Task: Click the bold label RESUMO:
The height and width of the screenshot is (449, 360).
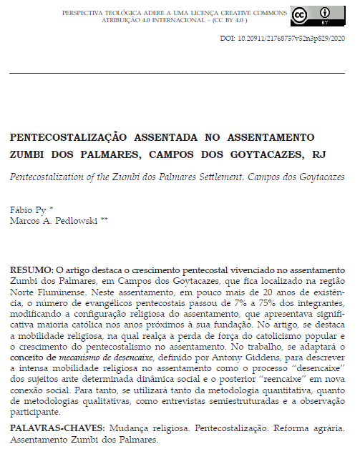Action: tap(30, 271)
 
